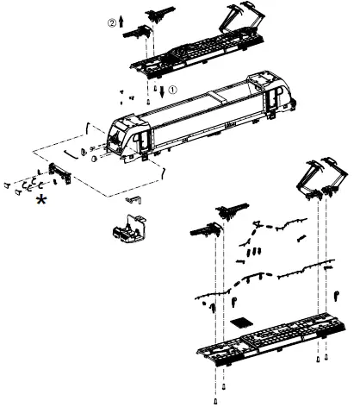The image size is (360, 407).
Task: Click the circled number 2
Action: point(112,22)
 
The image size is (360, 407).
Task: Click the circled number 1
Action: point(172,90)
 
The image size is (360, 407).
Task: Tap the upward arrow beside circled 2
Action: point(121,22)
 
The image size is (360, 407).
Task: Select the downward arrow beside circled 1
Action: point(163,91)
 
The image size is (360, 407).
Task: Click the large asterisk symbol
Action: point(41,199)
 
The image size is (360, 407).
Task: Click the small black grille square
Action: point(241,322)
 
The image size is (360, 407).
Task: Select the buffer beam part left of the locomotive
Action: point(59,173)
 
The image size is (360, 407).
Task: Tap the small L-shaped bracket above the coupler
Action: point(133,199)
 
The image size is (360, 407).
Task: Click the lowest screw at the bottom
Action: point(215,401)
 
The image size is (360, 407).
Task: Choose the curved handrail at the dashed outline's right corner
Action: point(164,172)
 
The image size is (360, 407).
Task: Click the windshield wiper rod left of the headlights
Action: point(71,153)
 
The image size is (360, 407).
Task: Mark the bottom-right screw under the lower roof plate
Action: point(326,357)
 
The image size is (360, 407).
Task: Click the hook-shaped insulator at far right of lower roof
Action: point(337,296)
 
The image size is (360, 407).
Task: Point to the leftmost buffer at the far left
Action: point(7,185)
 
